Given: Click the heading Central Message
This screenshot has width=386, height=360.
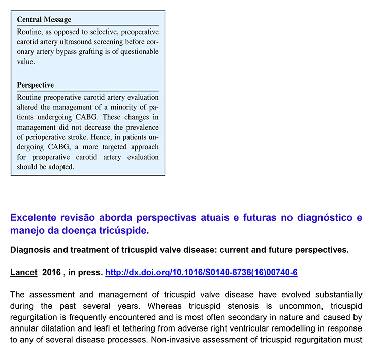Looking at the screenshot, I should [44, 20].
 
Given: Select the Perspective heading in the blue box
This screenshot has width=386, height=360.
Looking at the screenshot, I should [36, 85].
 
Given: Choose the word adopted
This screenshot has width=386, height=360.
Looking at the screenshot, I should [60, 167].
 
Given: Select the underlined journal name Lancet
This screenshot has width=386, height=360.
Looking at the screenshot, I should [23, 273].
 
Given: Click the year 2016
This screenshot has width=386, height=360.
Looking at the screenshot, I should [52, 273].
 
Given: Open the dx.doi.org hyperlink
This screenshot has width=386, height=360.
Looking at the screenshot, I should [201, 273].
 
